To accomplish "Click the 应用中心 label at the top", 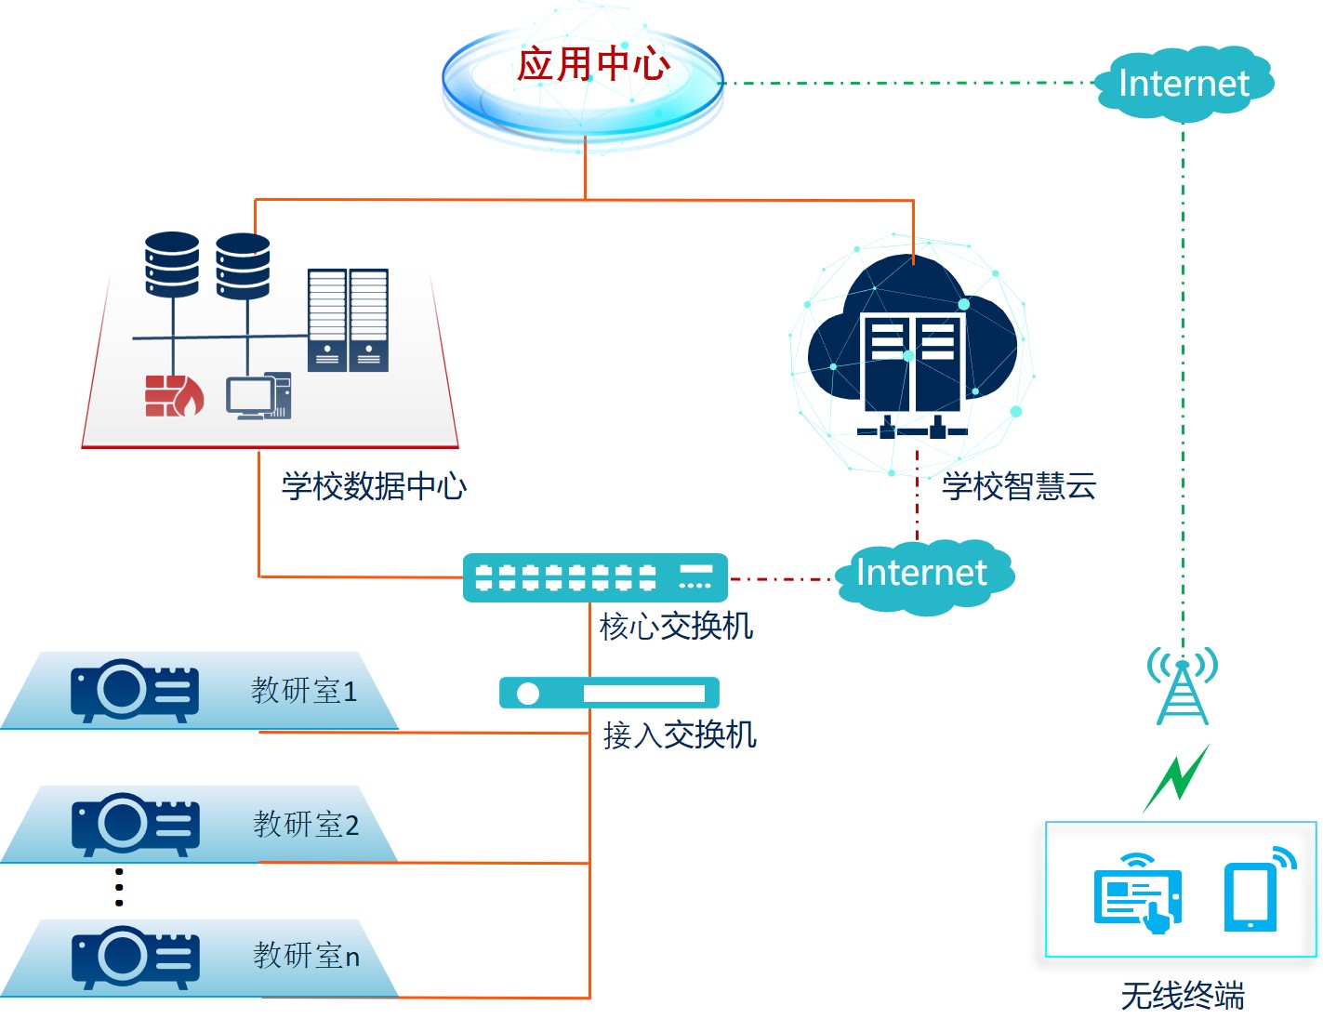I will (x=593, y=64).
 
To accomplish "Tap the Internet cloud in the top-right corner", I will (x=1184, y=84).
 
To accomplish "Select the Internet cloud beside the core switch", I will (x=921, y=574).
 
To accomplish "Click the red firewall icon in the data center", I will (x=174, y=395).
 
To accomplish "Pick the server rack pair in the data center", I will (x=348, y=320).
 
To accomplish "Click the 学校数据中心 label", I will (x=374, y=485).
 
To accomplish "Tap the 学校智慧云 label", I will (x=1019, y=485).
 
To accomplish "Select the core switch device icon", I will (x=595, y=577).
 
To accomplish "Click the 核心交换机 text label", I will (x=676, y=626).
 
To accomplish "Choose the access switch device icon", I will (x=609, y=693).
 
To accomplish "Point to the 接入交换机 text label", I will (x=680, y=734).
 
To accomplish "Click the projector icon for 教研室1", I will (x=135, y=690).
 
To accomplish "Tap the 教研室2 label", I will (x=306, y=824).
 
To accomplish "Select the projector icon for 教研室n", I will (x=135, y=957).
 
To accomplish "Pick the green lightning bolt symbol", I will (x=1176, y=777).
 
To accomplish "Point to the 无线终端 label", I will (x=1182, y=996).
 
